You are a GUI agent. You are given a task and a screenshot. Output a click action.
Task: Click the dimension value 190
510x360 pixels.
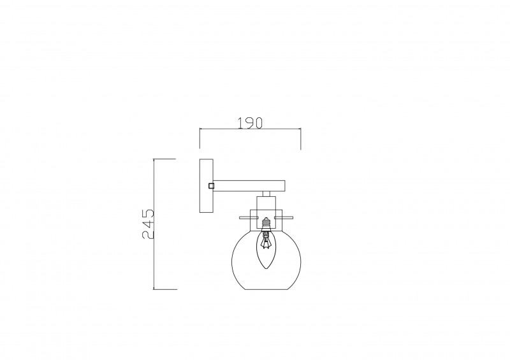pyautogui.click(x=250, y=123)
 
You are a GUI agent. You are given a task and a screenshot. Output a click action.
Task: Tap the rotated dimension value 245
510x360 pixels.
pyautogui.click(x=148, y=224)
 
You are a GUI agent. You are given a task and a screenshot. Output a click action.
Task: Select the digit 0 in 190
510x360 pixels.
pyautogui.click(x=258, y=123)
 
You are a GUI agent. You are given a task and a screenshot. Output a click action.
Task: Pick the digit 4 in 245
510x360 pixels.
pyautogui.click(x=148, y=224)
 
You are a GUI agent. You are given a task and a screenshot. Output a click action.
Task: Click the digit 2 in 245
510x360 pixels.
pyautogui.click(x=148, y=235)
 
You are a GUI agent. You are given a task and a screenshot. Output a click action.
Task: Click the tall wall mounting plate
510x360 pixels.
pyautogui.click(x=206, y=185)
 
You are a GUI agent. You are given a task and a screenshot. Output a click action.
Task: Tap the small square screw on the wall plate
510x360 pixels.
pyautogui.click(x=212, y=185)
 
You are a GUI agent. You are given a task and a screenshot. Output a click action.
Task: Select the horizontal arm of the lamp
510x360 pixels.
pyautogui.click(x=249, y=185)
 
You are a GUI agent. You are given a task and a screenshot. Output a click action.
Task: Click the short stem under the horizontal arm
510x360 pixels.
pyautogui.click(x=266, y=194)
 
